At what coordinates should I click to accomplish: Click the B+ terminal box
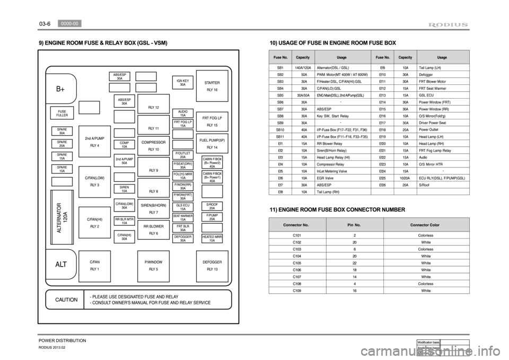pos(61,89)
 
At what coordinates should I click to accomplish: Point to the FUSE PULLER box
pos(62,113)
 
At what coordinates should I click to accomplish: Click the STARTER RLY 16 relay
pos(212,86)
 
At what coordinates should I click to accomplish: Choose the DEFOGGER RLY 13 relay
pos(212,265)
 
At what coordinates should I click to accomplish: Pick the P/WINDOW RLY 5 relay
pos(153,265)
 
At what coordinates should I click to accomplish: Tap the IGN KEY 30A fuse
pos(183,83)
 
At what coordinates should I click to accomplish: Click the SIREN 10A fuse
pos(124,189)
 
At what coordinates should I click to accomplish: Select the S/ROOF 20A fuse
pos(212,206)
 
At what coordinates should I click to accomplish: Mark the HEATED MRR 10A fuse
pos(212,239)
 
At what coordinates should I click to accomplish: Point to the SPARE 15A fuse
pos(62,157)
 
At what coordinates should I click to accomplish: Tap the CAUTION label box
pos(64,300)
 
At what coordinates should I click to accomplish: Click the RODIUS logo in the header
pos(448,24)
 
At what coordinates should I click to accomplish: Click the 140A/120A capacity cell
pos(303,68)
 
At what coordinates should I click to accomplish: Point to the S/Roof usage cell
pos(424,185)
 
